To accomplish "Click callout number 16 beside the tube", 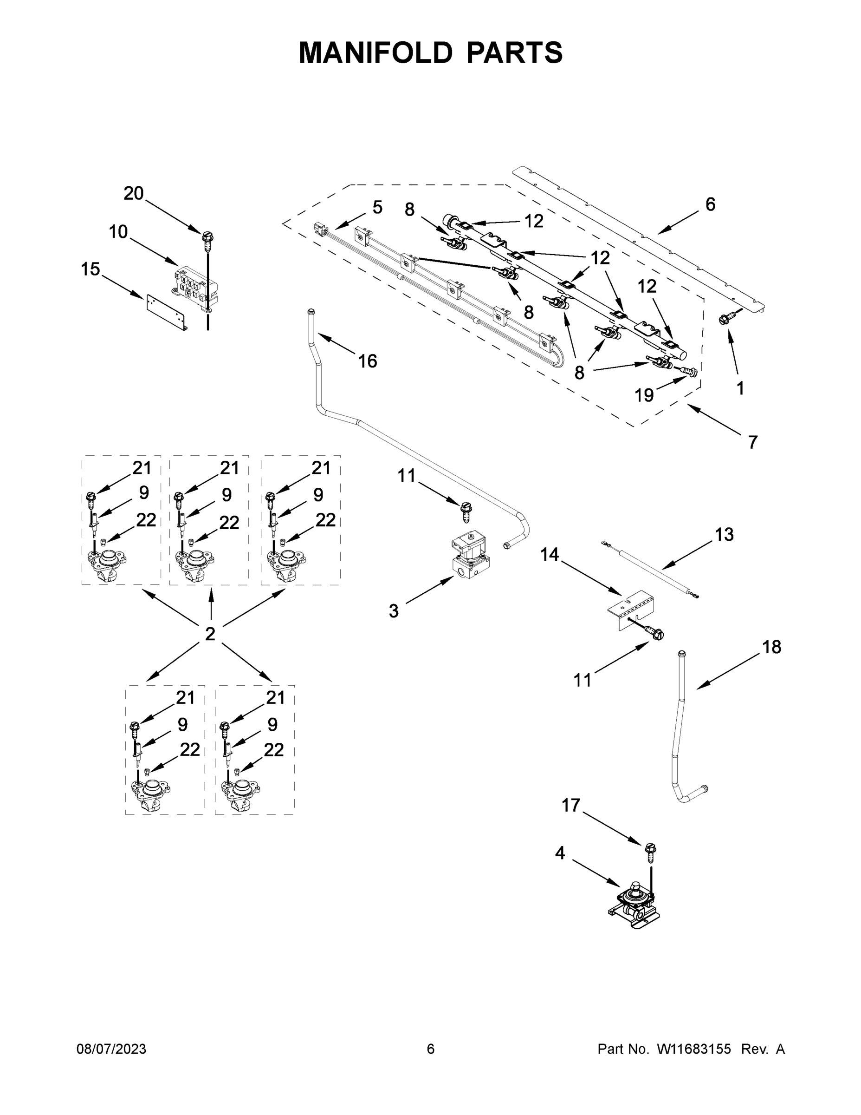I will pos(367,361).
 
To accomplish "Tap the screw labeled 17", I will pos(650,850).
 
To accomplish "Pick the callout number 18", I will pos(772,647).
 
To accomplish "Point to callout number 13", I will pos(724,535).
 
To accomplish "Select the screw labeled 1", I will pos(726,318).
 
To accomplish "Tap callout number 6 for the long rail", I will pos(711,204).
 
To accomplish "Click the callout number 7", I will pos(753,442).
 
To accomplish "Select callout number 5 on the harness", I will pos(377,207).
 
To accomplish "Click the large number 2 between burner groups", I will pos(210,634).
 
